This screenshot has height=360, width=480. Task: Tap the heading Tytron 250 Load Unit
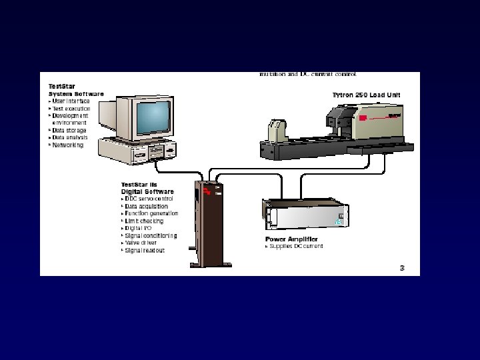[x=366, y=95]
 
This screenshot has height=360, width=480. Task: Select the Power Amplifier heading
[x=291, y=239]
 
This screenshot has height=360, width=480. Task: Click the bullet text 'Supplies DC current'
[x=296, y=246]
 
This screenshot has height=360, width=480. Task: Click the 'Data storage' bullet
[x=69, y=130]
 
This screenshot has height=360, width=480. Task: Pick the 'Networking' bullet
[x=68, y=145]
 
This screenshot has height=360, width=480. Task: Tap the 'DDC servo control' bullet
[x=149, y=199]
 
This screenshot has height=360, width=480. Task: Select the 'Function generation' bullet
[x=151, y=213]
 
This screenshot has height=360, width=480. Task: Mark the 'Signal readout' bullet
[x=145, y=251]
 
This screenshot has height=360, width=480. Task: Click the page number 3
[x=402, y=268]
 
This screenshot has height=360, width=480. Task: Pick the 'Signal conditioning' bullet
[x=151, y=235]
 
